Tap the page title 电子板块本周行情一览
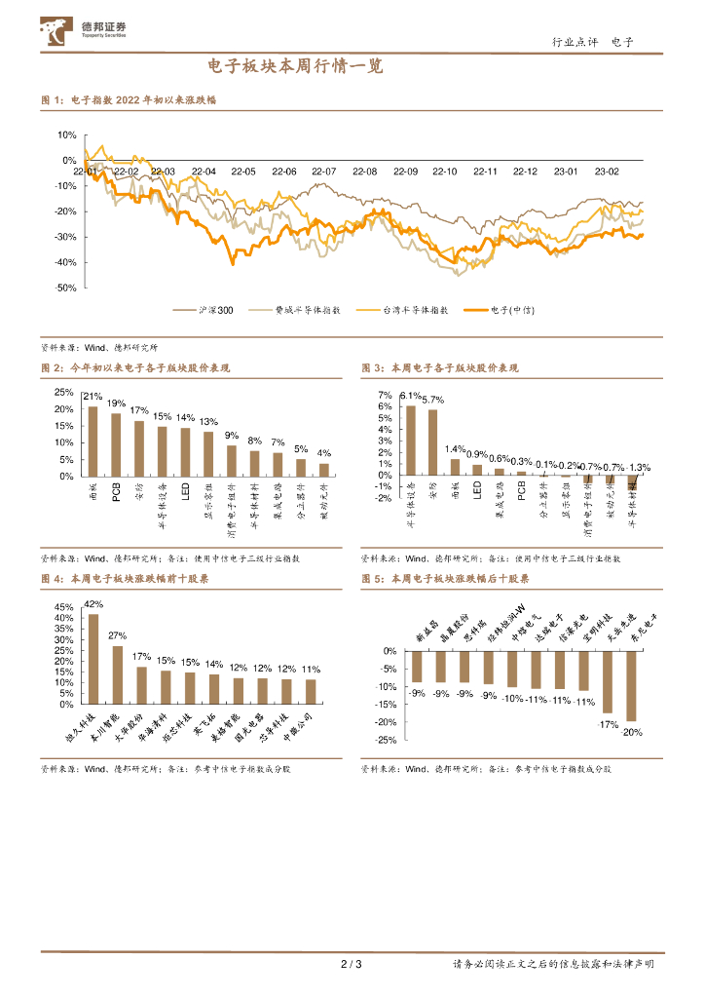pos(296,67)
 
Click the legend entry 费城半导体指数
pos(308,310)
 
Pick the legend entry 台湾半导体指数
pos(417,310)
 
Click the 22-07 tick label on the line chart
pos(324,172)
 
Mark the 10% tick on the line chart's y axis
pos(67,135)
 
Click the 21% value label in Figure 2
pos(93,397)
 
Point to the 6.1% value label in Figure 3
pos(410,396)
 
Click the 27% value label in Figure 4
pos(117,636)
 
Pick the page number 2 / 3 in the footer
pos(352,965)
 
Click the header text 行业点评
pos(573,41)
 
